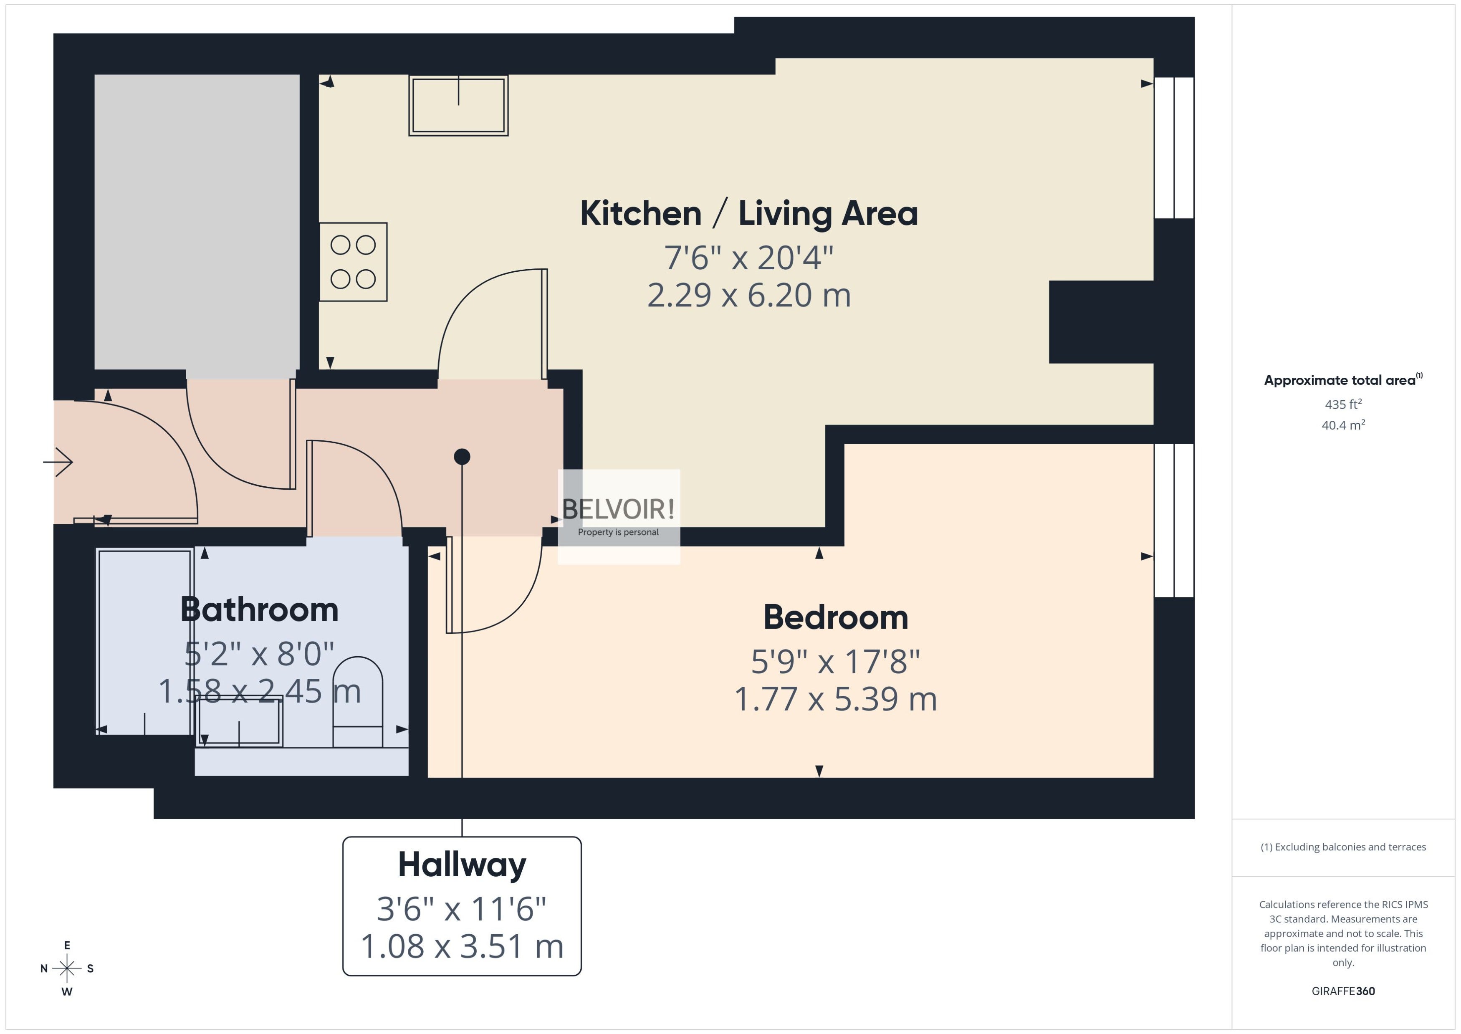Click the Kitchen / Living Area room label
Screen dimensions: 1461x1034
click(748, 213)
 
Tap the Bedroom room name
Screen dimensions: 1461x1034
click(836, 617)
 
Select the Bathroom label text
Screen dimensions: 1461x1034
click(259, 609)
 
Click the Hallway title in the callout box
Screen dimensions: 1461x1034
click(462, 865)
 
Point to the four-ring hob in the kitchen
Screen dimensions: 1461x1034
click(353, 262)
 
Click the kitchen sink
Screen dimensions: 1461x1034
click(458, 106)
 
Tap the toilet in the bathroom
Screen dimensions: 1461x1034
click(358, 702)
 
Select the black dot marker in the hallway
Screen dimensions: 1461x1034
click(462, 457)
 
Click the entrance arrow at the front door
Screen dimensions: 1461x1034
click(58, 462)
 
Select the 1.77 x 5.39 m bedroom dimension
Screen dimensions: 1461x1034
click(836, 699)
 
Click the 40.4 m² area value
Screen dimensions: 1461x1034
click(1343, 425)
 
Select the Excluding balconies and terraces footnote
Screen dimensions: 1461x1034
click(1343, 847)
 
